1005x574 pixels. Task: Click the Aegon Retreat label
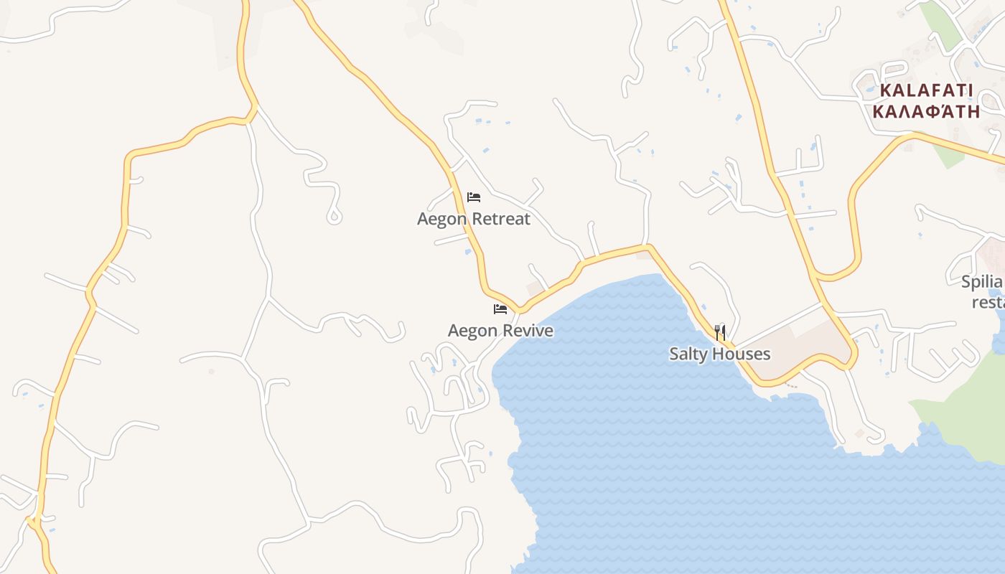coord(474,219)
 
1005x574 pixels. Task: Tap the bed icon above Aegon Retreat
coord(474,197)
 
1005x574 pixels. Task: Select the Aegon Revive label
coord(500,331)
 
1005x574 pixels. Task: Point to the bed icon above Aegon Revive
coord(500,309)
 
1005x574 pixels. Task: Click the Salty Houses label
coord(719,354)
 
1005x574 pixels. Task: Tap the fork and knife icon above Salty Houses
coord(720,332)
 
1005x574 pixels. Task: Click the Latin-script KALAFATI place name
coord(926,91)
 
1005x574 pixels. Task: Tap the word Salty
coord(688,354)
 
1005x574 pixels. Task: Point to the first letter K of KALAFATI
coord(885,91)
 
